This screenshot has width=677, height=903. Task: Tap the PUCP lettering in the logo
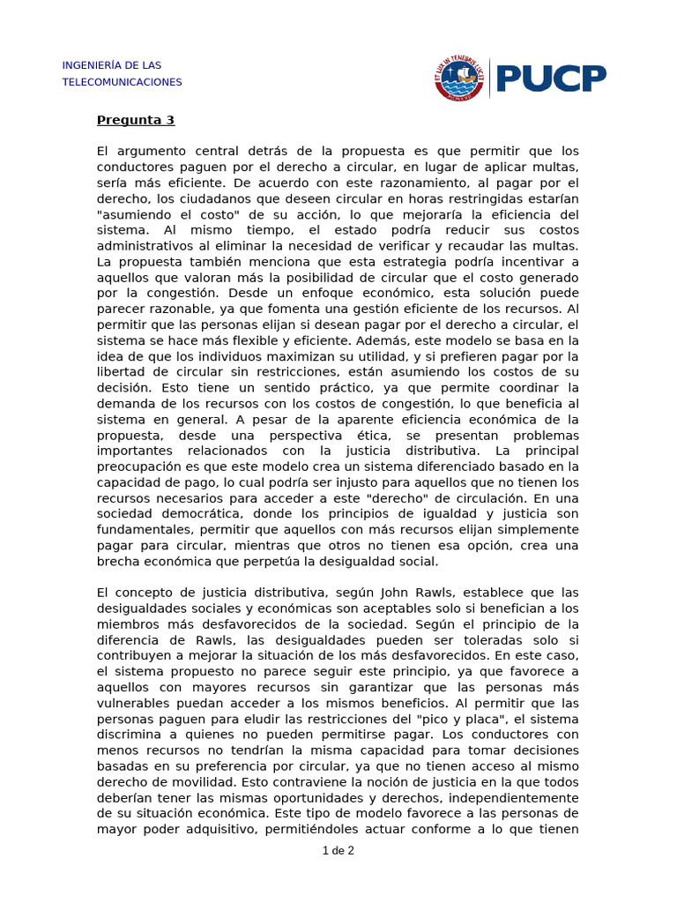(551, 78)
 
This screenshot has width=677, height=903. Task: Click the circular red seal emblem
(459, 78)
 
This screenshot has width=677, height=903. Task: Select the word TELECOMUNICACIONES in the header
(122, 82)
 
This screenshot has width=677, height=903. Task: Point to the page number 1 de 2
(338, 851)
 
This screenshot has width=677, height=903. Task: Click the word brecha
(117, 561)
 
